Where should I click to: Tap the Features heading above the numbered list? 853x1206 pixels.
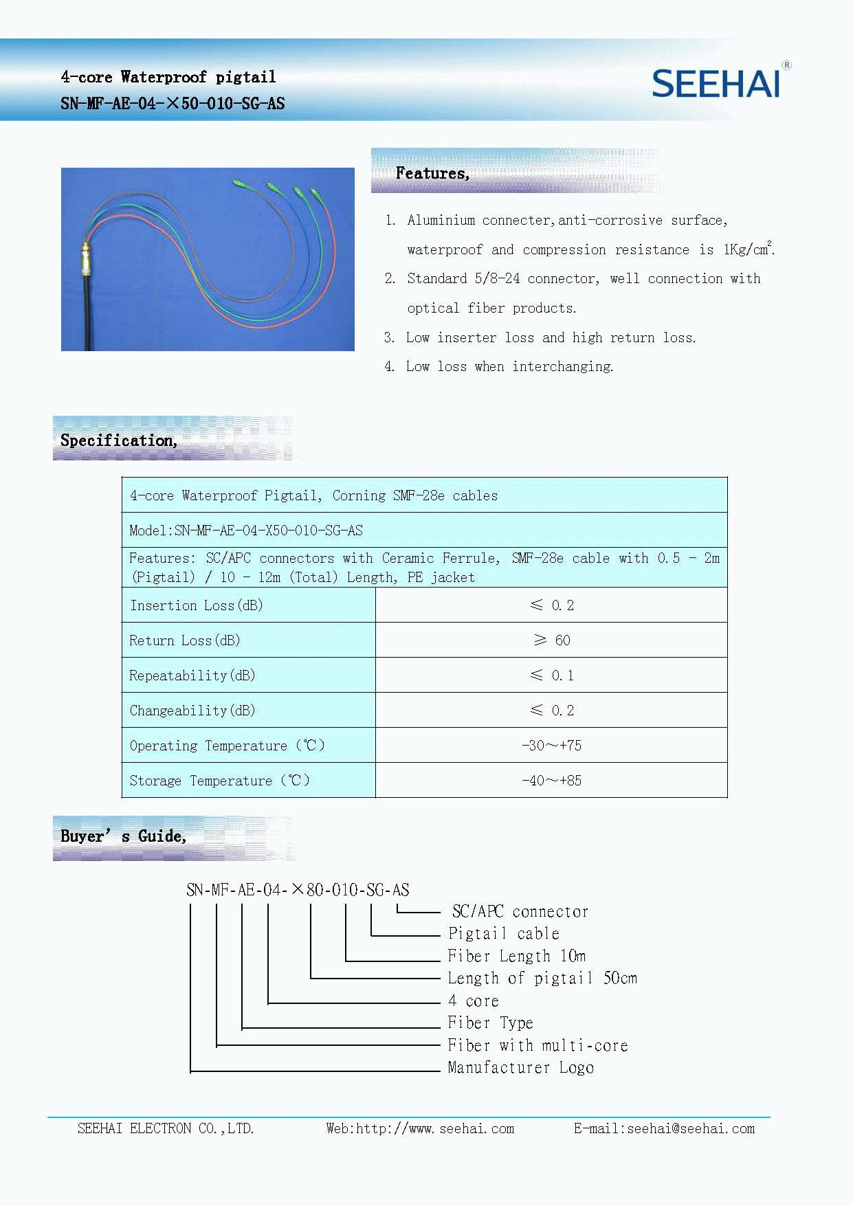pyautogui.click(x=432, y=173)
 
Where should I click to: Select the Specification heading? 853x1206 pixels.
pyautogui.click(x=118, y=440)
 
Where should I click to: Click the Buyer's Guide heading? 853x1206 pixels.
pyautogui.click(x=123, y=836)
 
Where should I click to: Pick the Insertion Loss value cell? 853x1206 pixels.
pyautogui.click(x=551, y=605)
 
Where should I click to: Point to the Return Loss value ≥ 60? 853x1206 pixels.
pyautogui.click(x=551, y=640)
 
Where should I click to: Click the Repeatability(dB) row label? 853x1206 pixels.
pyautogui.click(x=192, y=675)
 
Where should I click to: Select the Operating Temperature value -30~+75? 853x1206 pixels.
pyautogui.click(x=551, y=746)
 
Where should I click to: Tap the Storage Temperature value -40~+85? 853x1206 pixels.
pyautogui.click(x=551, y=781)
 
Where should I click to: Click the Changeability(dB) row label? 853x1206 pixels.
pyautogui.click(x=192, y=711)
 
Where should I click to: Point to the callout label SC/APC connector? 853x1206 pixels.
pyautogui.click(x=520, y=912)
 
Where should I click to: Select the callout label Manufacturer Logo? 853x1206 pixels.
pyautogui.click(x=520, y=1068)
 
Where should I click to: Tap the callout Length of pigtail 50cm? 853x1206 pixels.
pyautogui.click(x=542, y=978)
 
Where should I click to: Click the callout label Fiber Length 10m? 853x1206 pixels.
pyautogui.click(x=516, y=956)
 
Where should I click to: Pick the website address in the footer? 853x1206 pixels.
pyautogui.click(x=420, y=1128)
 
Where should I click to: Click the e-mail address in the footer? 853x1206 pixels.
pyautogui.click(x=664, y=1128)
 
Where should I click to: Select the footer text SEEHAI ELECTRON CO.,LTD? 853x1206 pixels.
pyautogui.click(x=166, y=1128)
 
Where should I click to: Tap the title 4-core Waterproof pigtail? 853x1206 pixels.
pyautogui.click(x=168, y=77)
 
